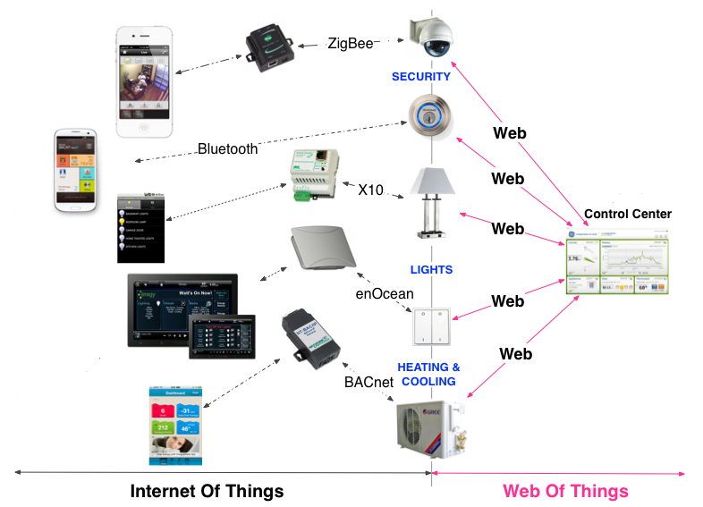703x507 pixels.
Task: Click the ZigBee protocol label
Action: (351, 41)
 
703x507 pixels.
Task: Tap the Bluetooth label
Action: (227, 149)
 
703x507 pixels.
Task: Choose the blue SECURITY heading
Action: (420, 77)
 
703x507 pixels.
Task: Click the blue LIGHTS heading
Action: (431, 269)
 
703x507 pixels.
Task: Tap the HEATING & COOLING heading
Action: (428, 375)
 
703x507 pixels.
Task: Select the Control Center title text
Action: (627, 215)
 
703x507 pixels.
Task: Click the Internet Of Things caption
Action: (207, 491)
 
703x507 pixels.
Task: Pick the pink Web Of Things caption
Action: (565, 491)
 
